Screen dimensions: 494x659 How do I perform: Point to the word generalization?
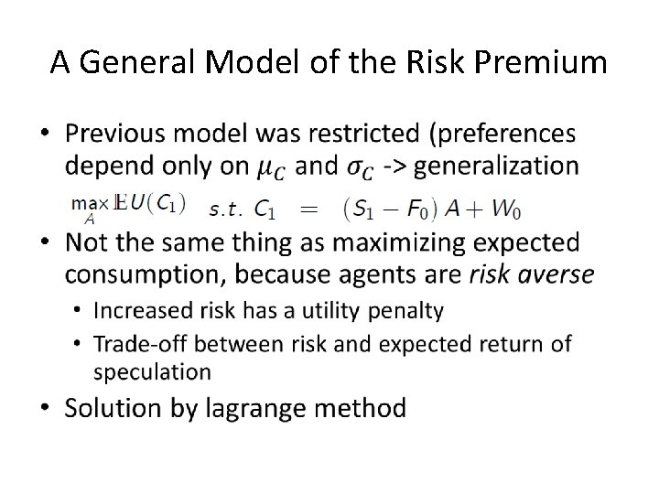click(x=498, y=166)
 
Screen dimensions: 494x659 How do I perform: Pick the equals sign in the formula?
click(x=310, y=209)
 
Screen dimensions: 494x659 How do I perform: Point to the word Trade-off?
click(x=140, y=343)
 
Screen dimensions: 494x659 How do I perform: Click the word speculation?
click(x=152, y=370)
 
